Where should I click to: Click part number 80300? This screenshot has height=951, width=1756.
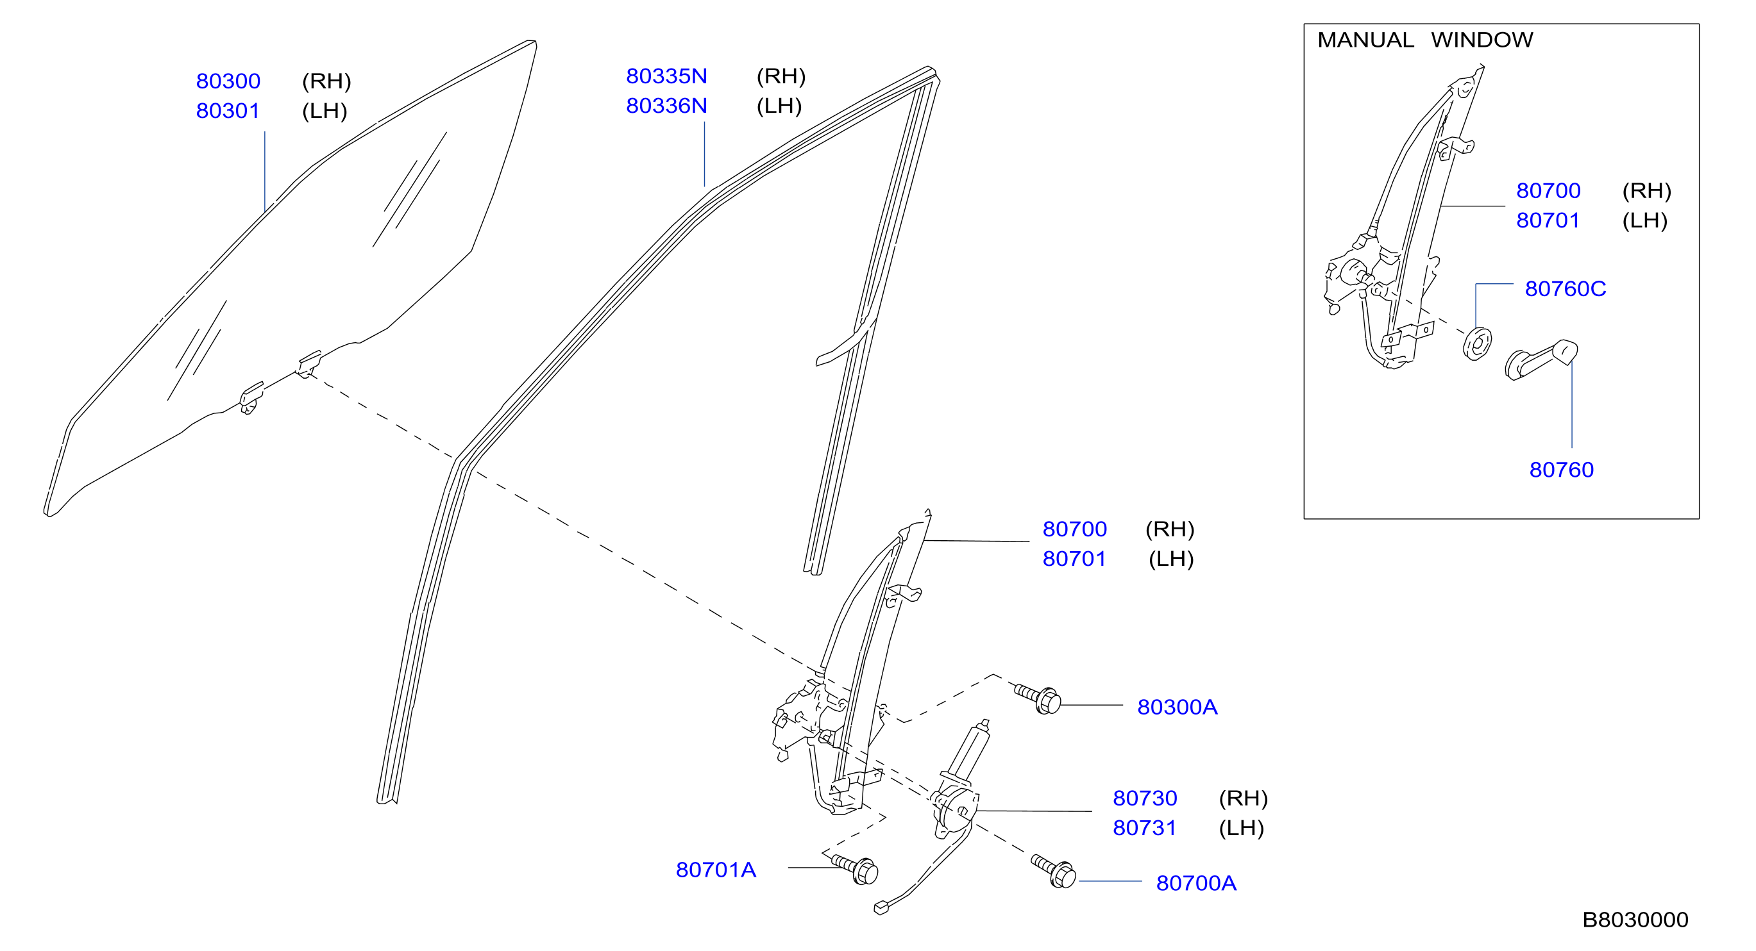tap(228, 81)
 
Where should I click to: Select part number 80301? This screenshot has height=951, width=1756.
tap(228, 111)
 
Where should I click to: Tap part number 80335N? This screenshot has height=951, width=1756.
tap(667, 76)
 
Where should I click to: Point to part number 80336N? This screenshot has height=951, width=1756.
tap(667, 106)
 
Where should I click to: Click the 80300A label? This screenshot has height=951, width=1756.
tap(1178, 707)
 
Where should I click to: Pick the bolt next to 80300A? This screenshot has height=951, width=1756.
tap(1038, 699)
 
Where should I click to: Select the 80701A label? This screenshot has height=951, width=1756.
tap(716, 870)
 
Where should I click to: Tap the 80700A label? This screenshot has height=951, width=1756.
tap(1196, 884)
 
